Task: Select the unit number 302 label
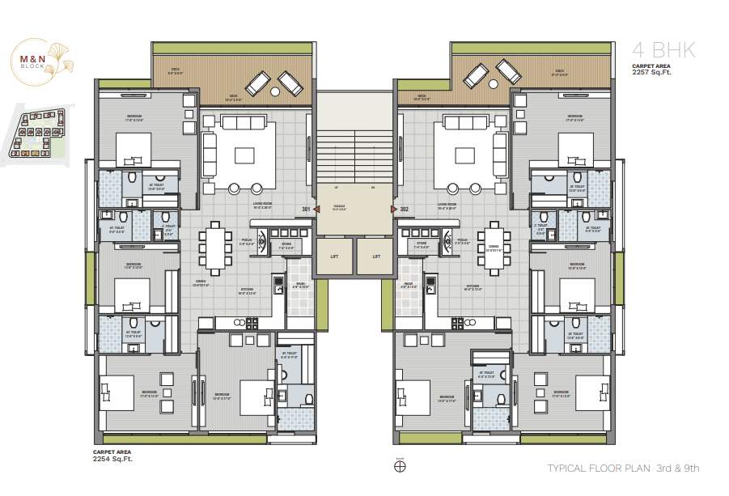coord(404,210)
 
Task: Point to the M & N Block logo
coord(40,60)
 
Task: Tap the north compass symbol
coord(399,466)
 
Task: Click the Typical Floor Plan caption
coord(623,468)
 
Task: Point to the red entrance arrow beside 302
coord(394,210)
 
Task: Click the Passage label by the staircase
coord(340,206)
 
